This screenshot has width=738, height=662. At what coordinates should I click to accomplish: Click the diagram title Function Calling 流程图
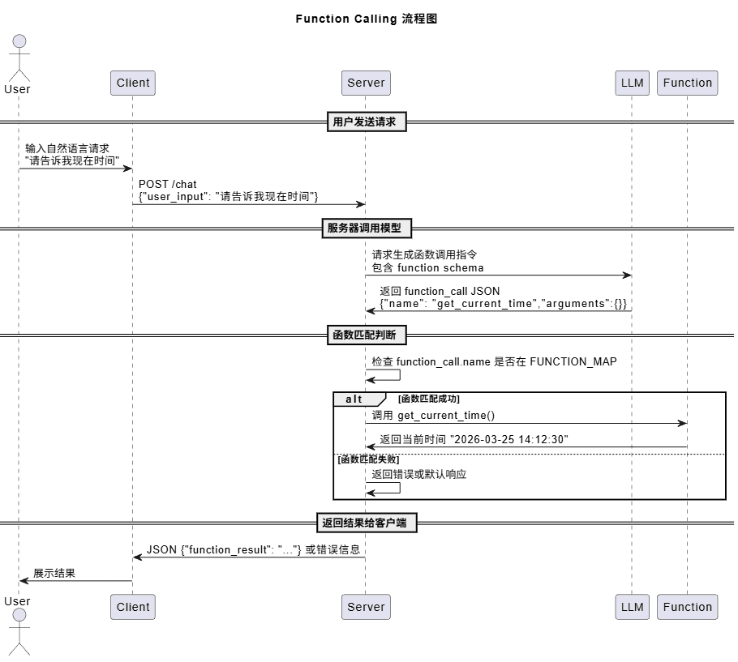[366, 19]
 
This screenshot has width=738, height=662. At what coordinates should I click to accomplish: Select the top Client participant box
[133, 83]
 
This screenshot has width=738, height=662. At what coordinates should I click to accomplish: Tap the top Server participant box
[365, 83]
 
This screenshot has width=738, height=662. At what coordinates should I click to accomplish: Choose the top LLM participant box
[632, 83]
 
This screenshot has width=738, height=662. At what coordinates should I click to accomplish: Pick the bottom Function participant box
[687, 607]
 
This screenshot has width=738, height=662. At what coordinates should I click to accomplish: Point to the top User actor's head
[19, 41]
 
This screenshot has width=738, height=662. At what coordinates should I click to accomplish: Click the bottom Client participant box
[133, 607]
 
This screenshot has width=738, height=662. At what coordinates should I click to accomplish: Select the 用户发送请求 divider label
[367, 122]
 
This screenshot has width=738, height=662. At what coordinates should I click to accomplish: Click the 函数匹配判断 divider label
[367, 335]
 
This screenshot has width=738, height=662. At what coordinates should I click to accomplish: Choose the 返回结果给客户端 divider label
[365, 523]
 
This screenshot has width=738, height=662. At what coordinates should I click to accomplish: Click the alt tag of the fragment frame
[354, 399]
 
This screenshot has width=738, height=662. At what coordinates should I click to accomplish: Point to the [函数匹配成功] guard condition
[429, 399]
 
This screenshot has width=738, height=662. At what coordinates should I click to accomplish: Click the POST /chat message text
[168, 185]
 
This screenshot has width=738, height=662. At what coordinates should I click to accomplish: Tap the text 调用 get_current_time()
[433, 416]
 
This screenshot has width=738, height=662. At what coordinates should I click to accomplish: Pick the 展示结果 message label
[54, 573]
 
